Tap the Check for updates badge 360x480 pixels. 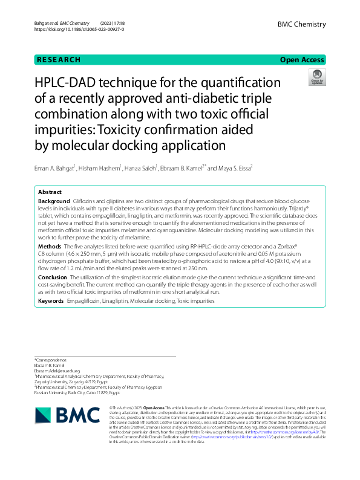[316, 77]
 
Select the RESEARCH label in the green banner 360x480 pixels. [59, 60]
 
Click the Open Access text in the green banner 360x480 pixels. [302, 60]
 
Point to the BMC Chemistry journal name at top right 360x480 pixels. [301, 24]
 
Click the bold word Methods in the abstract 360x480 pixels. [50, 264]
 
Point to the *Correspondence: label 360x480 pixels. [52, 359]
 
